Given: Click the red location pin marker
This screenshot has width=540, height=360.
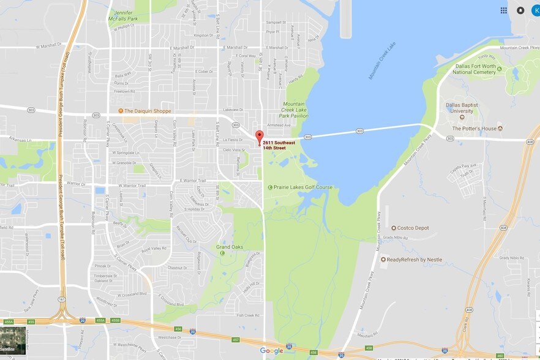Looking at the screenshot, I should point(259,137).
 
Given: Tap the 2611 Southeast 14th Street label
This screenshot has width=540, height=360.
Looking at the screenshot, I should point(279,145).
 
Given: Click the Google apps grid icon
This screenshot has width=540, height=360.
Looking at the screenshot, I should point(503,10).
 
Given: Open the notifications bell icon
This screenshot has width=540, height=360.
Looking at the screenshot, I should point(520,10).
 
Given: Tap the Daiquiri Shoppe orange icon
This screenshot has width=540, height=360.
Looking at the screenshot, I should point(121,111).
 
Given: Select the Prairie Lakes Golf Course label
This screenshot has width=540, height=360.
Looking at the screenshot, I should point(302,187).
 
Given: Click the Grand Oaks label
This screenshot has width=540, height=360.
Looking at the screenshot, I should point(230,247).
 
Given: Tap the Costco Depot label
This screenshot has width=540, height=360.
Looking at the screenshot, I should point(413,228).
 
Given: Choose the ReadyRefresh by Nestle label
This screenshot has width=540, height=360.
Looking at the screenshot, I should point(414,260).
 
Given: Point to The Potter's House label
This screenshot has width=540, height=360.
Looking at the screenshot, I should point(473,129).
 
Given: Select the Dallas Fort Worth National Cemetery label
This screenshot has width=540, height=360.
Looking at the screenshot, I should point(474,69).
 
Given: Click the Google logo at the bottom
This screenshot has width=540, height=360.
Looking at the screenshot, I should point(271,351).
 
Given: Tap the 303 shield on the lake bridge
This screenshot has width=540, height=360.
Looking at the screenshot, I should point(359,130).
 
